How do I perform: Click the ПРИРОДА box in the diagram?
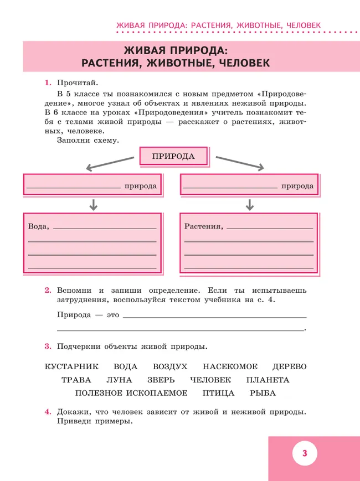point(173,156)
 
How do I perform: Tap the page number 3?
point(304,454)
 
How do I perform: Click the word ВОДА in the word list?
point(125,367)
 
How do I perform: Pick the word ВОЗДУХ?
point(170,367)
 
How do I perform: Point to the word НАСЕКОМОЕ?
point(230,367)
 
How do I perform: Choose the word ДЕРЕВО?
point(289,367)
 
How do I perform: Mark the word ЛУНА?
point(119,380)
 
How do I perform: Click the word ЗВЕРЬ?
point(161,380)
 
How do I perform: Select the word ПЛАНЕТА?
point(268,380)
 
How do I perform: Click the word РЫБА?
point(263,394)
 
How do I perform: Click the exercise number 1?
point(47,83)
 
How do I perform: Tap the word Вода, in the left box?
point(38,226)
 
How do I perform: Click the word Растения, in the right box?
point(203,226)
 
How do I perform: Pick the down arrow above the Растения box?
point(250,204)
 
